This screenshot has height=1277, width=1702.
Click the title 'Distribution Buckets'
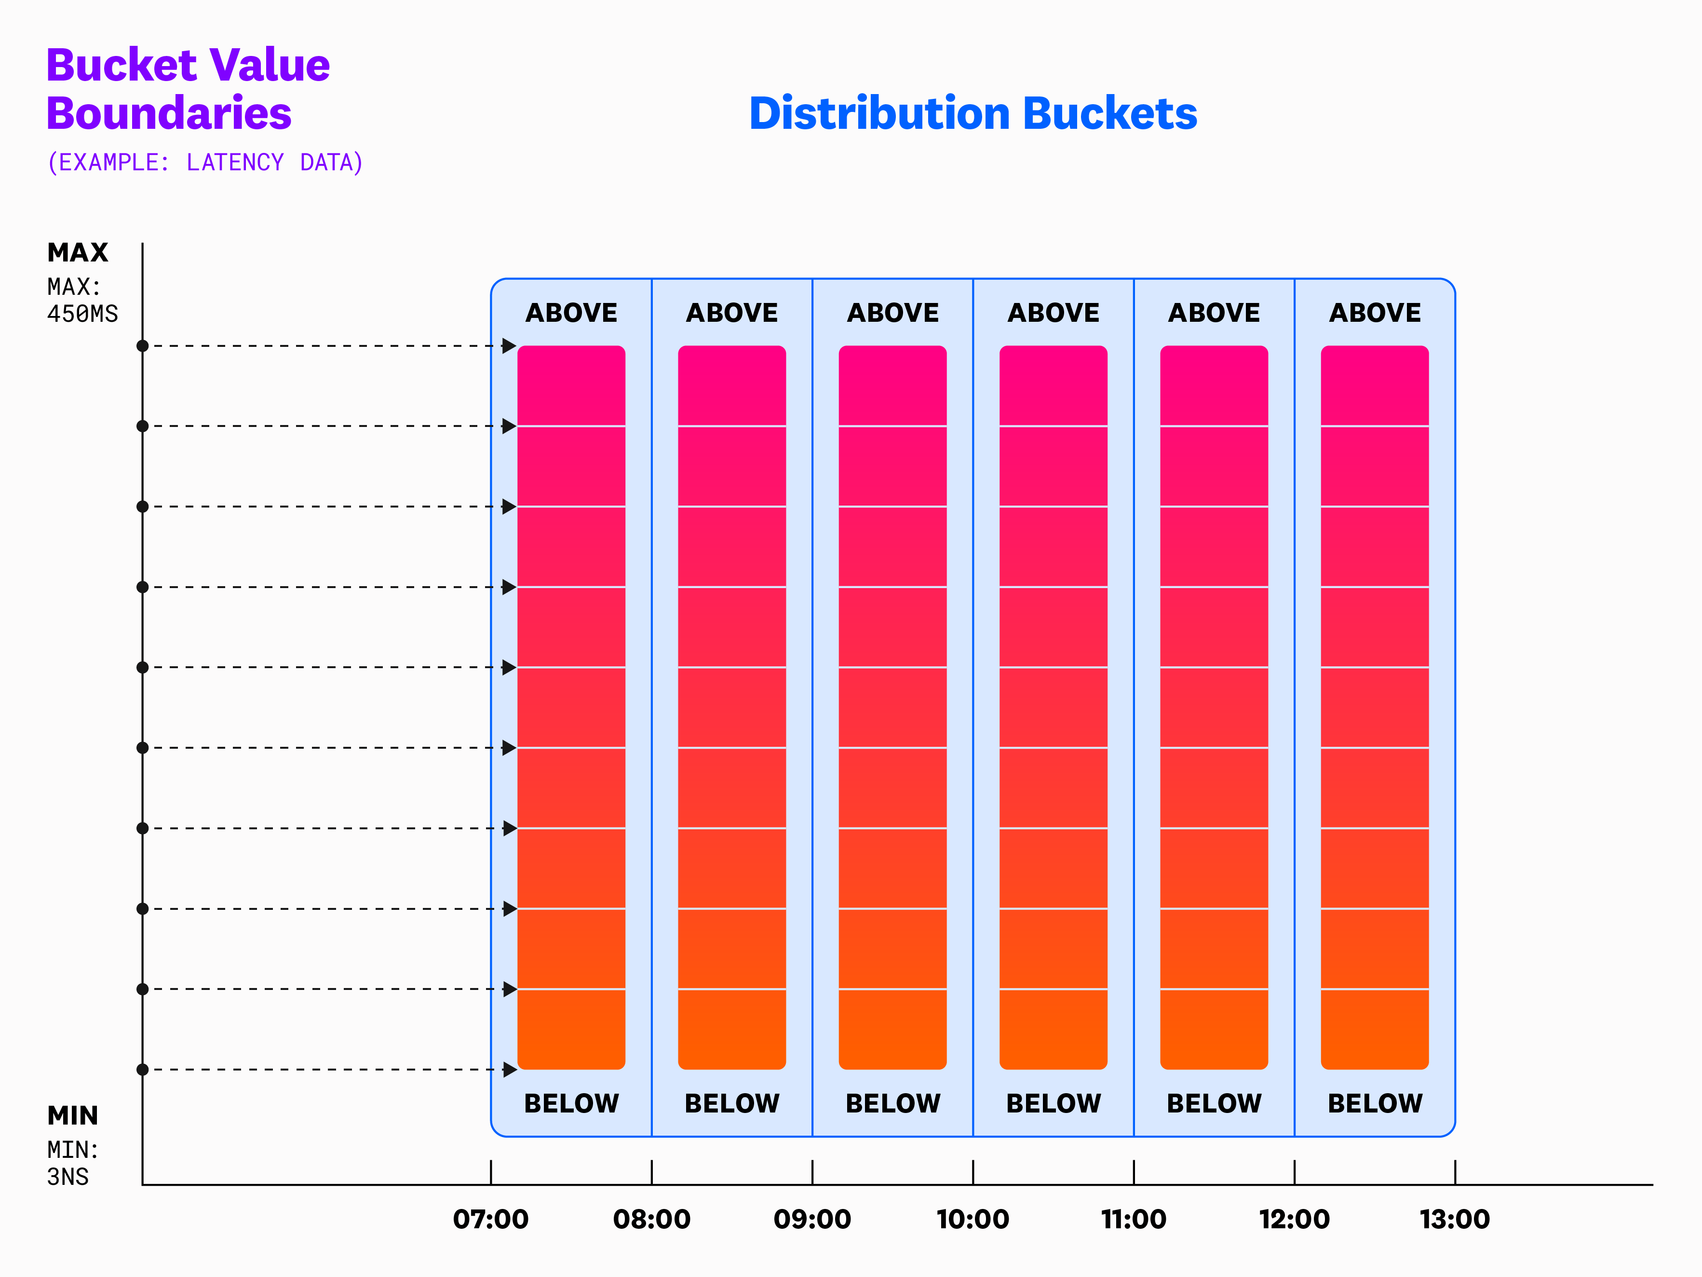(x=973, y=114)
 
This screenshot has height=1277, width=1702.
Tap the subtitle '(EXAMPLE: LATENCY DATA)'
(x=204, y=163)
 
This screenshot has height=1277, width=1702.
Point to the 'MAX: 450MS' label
(x=82, y=300)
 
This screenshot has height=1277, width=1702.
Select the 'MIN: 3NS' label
(x=72, y=1163)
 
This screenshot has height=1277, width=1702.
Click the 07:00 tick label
(x=491, y=1219)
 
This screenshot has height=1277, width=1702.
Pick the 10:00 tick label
(x=973, y=1219)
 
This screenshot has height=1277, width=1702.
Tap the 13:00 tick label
(x=1454, y=1219)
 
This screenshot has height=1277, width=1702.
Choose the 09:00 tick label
(x=812, y=1219)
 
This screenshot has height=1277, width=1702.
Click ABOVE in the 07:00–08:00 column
(x=571, y=313)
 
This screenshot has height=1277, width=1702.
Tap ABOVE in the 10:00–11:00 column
(x=1054, y=313)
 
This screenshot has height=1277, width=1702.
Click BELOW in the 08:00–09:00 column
(x=732, y=1103)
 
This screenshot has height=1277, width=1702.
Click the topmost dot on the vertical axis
(x=142, y=345)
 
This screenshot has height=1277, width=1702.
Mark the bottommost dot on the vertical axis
(x=142, y=1069)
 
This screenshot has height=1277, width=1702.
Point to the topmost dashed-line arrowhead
(x=509, y=345)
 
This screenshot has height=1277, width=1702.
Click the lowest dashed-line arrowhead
(x=509, y=1069)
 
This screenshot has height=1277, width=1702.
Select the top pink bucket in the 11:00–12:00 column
(x=1214, y=385)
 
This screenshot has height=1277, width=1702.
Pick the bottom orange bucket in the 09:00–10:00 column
(x=892, y=1029)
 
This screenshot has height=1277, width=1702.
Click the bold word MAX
(x=78, y=252)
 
